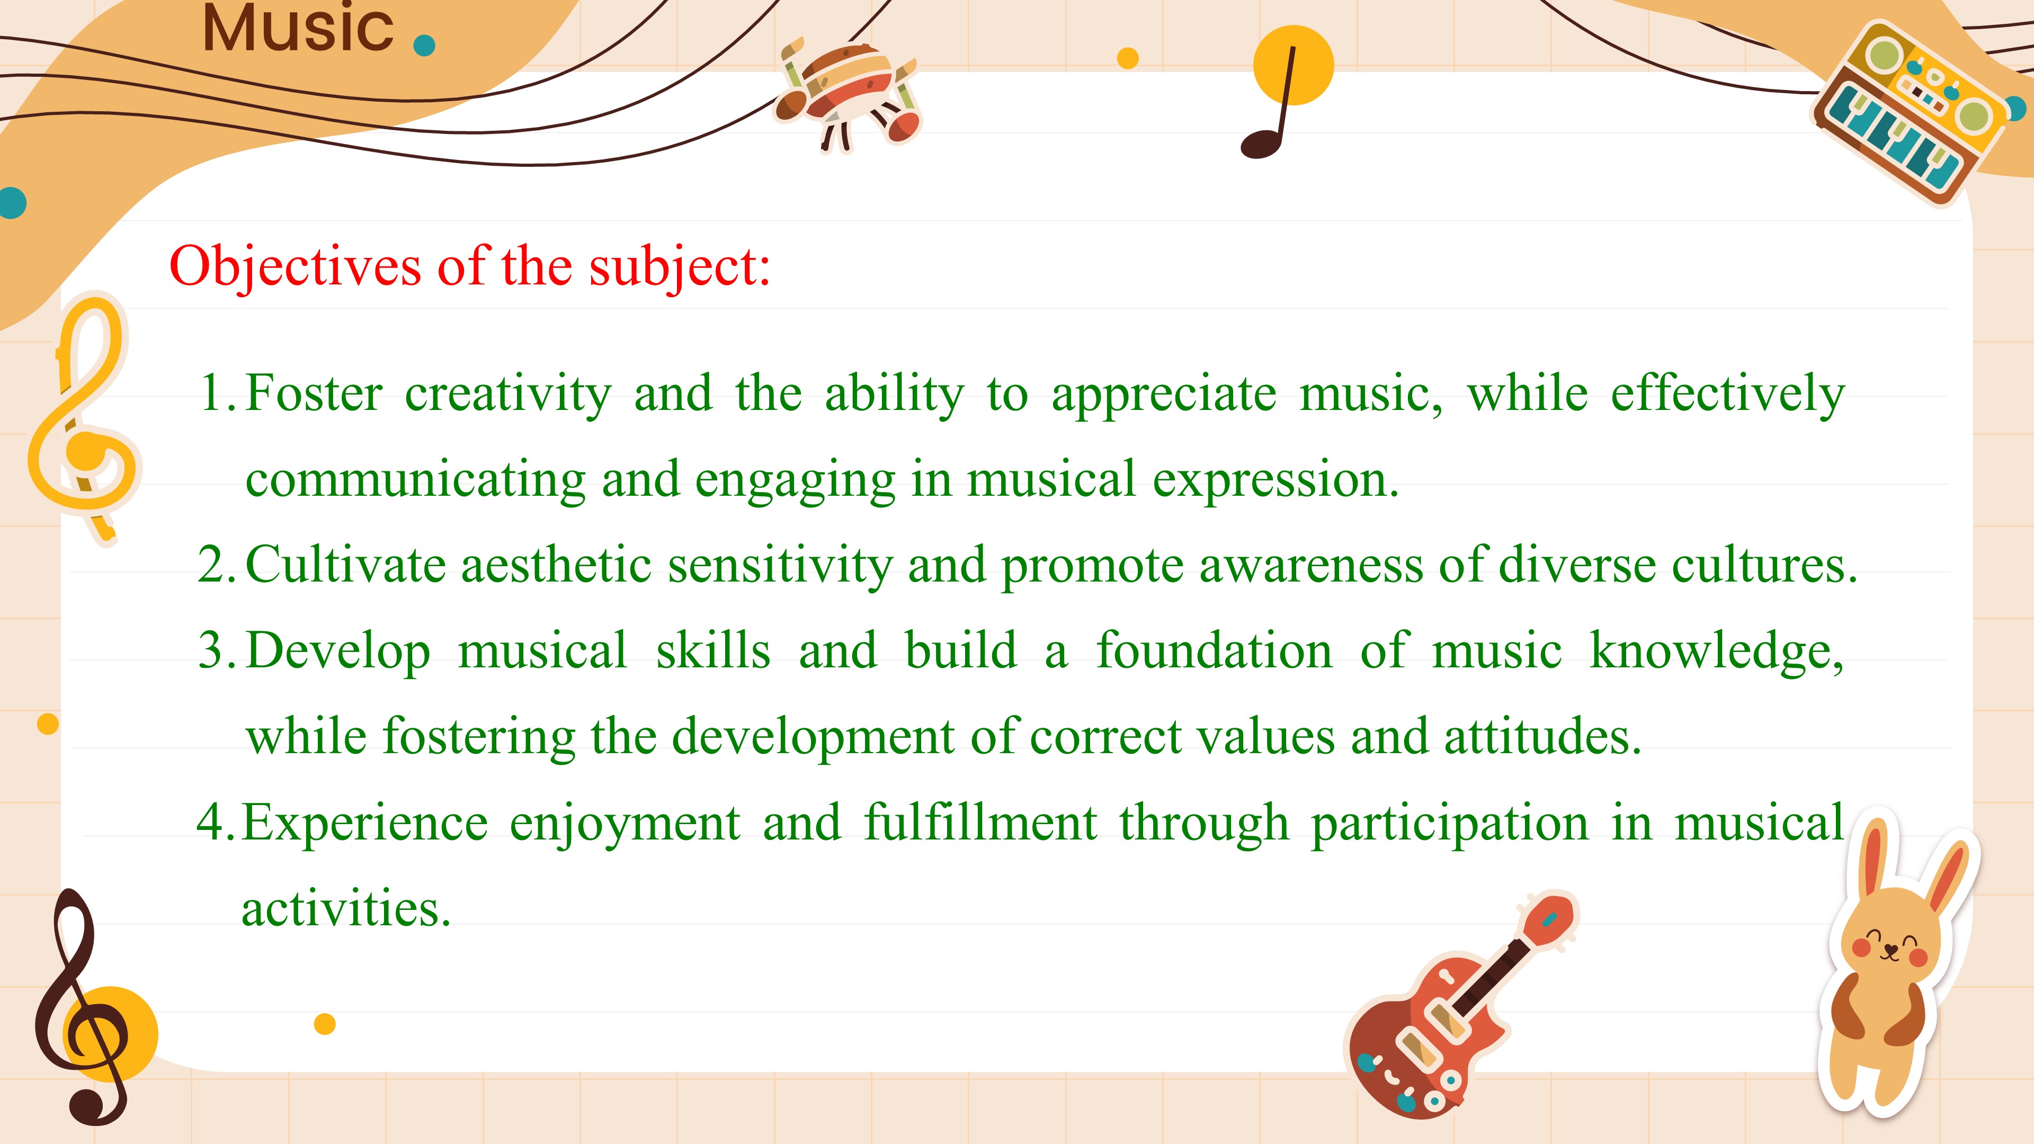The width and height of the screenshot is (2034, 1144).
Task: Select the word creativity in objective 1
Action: pos(508,395)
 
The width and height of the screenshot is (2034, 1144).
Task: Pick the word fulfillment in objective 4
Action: pos(980,822)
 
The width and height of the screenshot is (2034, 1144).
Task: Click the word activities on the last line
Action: pos(346,909)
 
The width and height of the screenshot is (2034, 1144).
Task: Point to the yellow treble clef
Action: pos(84,418)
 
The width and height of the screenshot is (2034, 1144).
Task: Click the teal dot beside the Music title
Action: pos(424,46)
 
